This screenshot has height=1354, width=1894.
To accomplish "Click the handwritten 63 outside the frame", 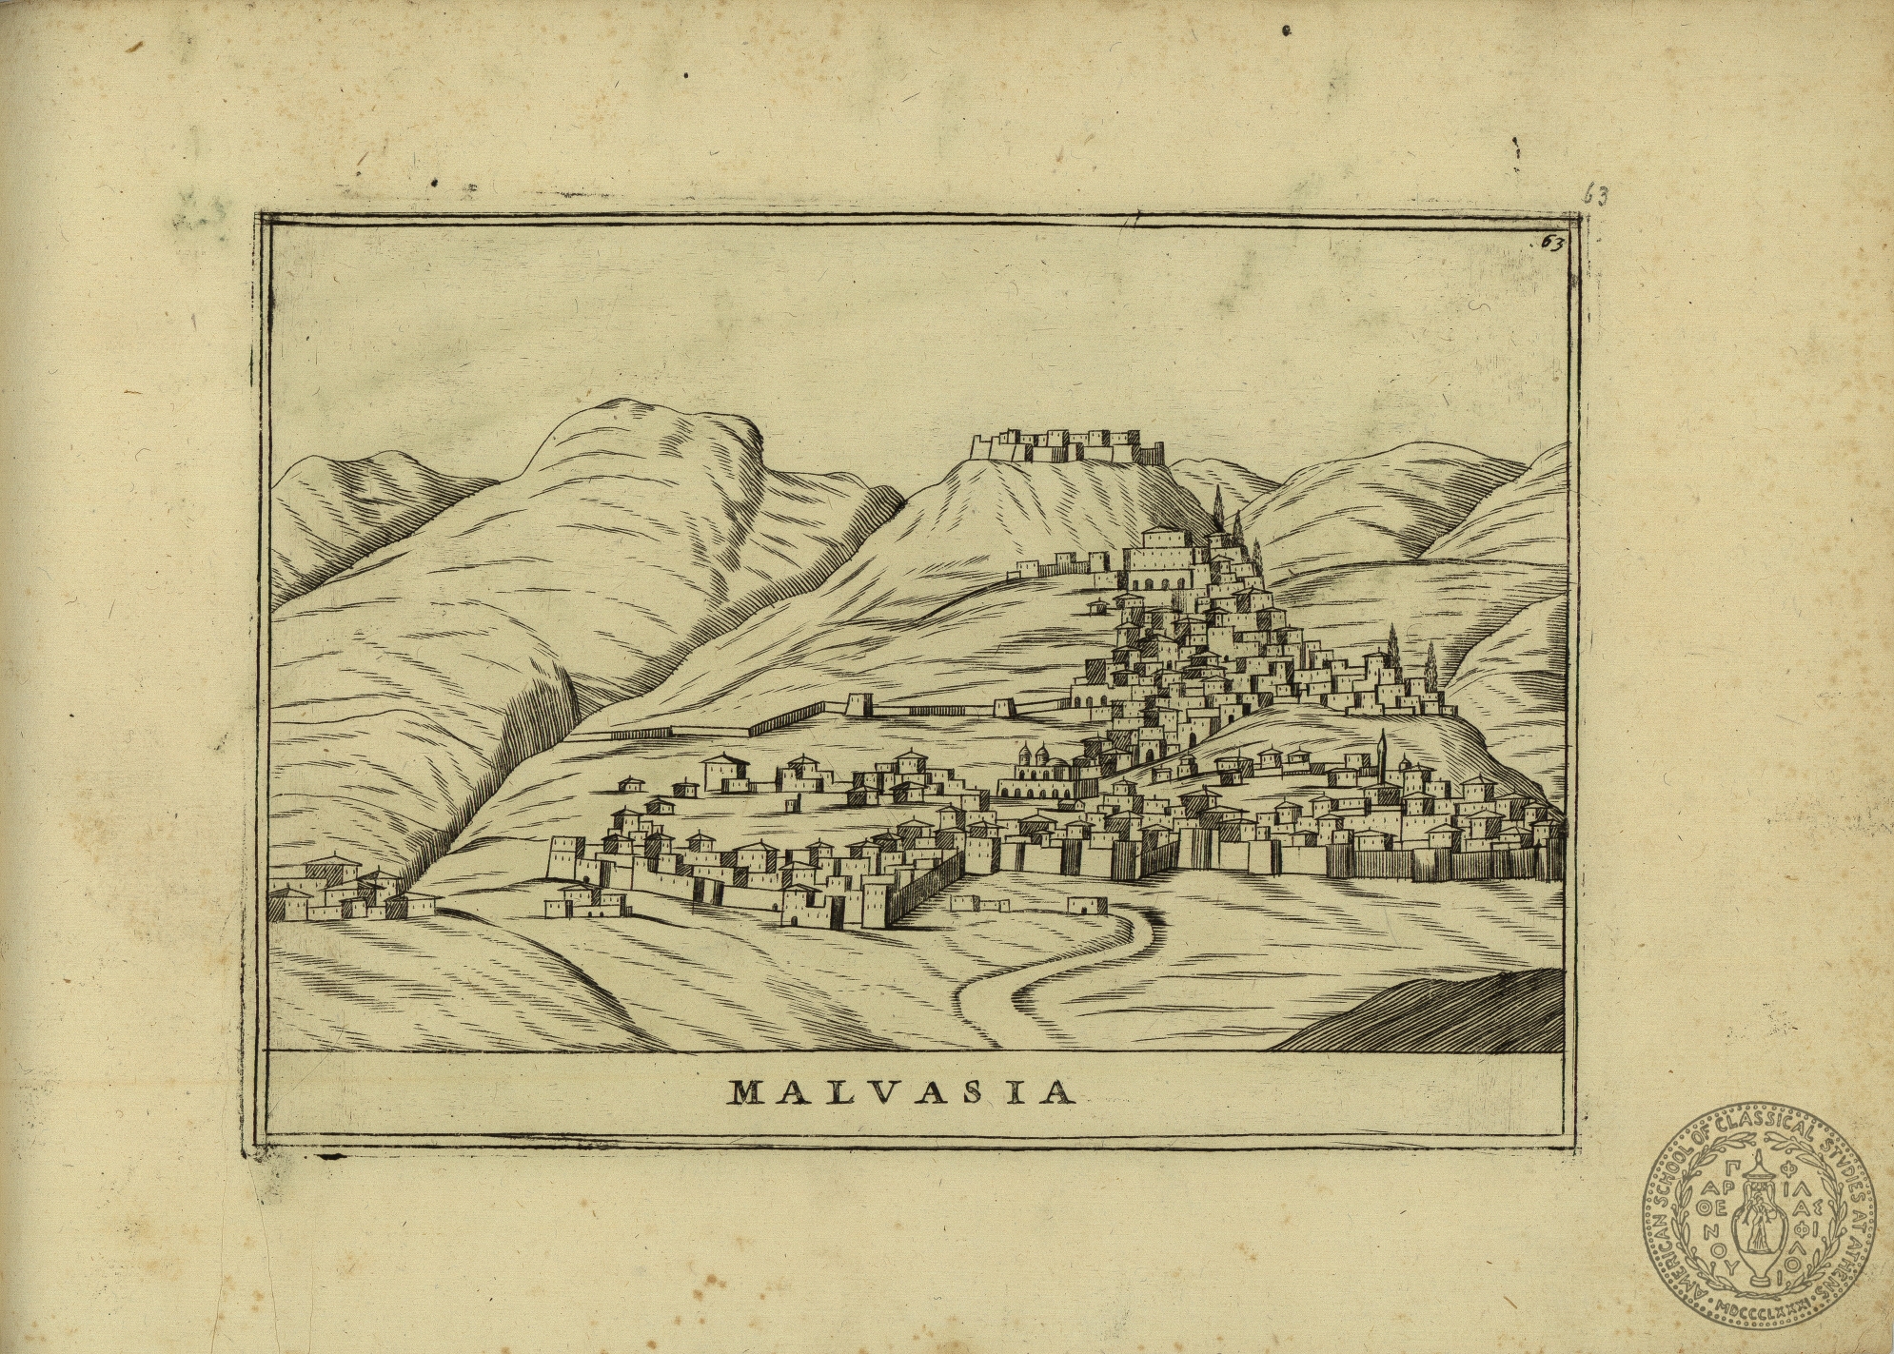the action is point(1594,196).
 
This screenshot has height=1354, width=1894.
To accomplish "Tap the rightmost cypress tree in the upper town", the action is point(1430,666).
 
